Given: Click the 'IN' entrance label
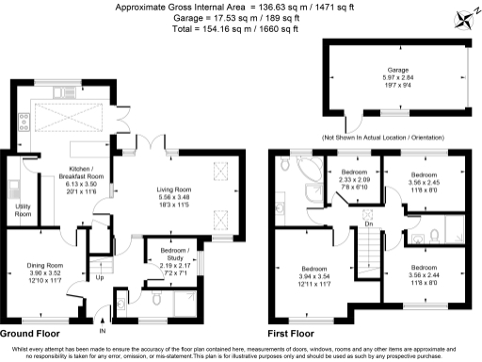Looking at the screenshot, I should coord(103,331).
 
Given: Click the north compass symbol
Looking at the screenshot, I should coord(462,17).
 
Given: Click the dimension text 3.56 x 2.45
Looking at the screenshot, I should coord(423,182).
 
